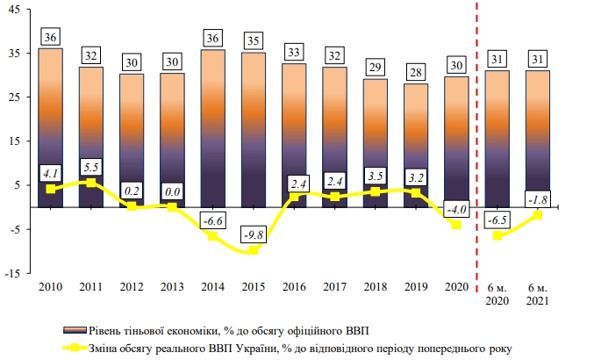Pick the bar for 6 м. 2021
tap(538, 132)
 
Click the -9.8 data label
tap(254, 234)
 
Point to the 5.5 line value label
tap(92, 166)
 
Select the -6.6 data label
tap(213, 220)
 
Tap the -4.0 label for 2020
tap(456, 209)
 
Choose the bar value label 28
tap(416, 71)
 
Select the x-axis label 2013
tap(173, 286)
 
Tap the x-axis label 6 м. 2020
tap(497, 293)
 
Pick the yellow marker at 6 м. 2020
tap(497, 235)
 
